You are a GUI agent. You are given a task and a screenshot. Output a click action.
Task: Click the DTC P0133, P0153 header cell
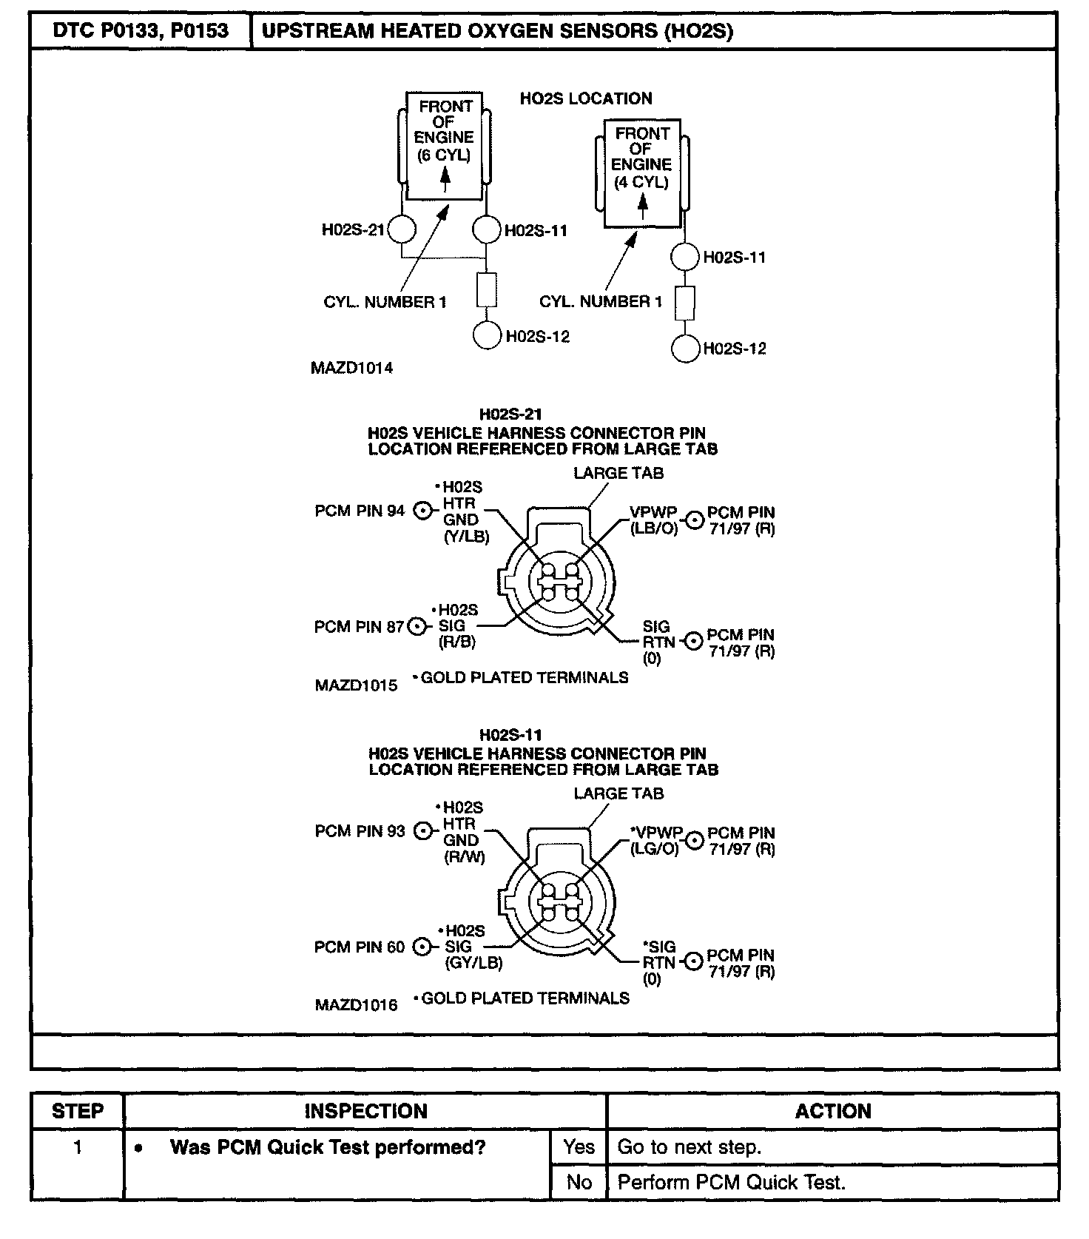pyautogui.click(x=141, y=31)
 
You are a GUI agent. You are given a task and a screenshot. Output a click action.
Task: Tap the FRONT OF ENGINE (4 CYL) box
pyautogui.click(x=641, y=173)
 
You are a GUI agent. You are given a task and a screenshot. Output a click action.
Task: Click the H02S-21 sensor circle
pyautogui.click(x=402, y=229)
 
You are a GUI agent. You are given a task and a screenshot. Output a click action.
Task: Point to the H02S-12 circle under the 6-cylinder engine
pyautogui.click(x=487, y=335)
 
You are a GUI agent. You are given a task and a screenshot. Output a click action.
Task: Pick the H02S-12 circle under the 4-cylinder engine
pyautogui.click(x=685, y=349)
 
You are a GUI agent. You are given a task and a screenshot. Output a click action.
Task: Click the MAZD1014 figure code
pyautogui.click(x=351, y=368)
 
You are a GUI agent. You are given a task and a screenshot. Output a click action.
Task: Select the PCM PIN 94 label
pyautogui.click(x=360, y=511)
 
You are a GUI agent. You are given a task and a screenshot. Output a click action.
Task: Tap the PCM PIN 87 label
pyautogui.click(x=359, y=627)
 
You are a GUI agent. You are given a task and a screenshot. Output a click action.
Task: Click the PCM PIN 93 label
pyautogui.click(x=360, y=831)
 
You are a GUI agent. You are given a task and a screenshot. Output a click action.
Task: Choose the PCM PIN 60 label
pyautogui.click(x=360, y=947)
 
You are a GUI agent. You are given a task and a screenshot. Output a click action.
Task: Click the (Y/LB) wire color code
pyautogui.click(x=466, y=537)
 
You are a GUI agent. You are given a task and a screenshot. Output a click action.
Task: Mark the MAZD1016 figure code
pyautogui.click(x=356, y=1005)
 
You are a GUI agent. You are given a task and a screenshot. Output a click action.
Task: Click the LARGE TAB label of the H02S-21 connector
pyautogui.click(x=618, y=473)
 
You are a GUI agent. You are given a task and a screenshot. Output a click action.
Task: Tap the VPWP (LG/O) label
pyautogui.click(x=655, y=841)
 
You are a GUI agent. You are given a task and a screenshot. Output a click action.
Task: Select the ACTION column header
pyautogui.click(x=832, y=1111)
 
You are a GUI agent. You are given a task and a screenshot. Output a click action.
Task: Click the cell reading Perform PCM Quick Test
pyautogui.click(x=731, y=1182)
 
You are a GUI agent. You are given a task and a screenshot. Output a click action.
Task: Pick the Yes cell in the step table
pyautogui.click(x=579, y=1146)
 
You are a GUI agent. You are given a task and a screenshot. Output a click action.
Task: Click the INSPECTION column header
pyautogui.click(x=365, y=1111)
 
